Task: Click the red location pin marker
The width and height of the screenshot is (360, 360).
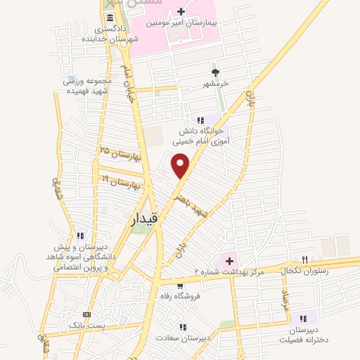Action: (181, 166)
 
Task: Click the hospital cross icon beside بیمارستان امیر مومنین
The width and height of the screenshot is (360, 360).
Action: (181, 11)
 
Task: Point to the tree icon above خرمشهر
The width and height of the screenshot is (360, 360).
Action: (215, 72)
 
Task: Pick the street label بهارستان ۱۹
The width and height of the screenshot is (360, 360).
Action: (120, 183)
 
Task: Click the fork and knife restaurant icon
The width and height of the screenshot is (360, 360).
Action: (304, 259)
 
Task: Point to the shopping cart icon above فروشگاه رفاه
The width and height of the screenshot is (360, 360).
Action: (180, 285)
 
